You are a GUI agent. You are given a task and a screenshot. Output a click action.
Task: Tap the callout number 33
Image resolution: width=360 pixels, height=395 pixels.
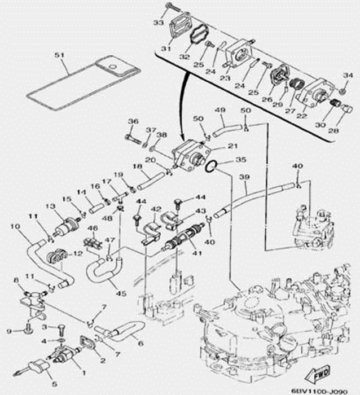157,23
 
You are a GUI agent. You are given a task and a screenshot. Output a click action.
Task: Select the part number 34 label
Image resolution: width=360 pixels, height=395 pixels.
346,76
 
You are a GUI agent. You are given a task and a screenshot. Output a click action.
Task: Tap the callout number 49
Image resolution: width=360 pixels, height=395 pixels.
221,110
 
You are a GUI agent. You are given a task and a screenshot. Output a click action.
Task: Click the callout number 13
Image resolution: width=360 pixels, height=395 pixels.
50,207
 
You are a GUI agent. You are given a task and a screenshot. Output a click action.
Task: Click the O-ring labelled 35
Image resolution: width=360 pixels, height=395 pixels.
210,166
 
